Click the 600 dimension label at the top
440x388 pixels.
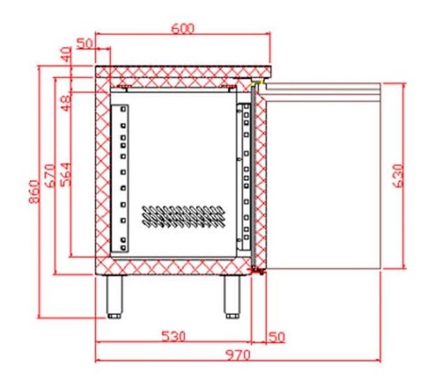point(182,29)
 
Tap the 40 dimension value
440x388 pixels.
point(67,55)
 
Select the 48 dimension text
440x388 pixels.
point(67,104)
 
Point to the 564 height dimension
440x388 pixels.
point(67,175)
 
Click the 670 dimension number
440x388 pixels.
point(51,176)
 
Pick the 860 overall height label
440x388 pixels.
point(34,192)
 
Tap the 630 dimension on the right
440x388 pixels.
point(399,176)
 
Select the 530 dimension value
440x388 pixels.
point(174,336)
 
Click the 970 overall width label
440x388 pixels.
point(238,355)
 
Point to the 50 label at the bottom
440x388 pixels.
point(277,337)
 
